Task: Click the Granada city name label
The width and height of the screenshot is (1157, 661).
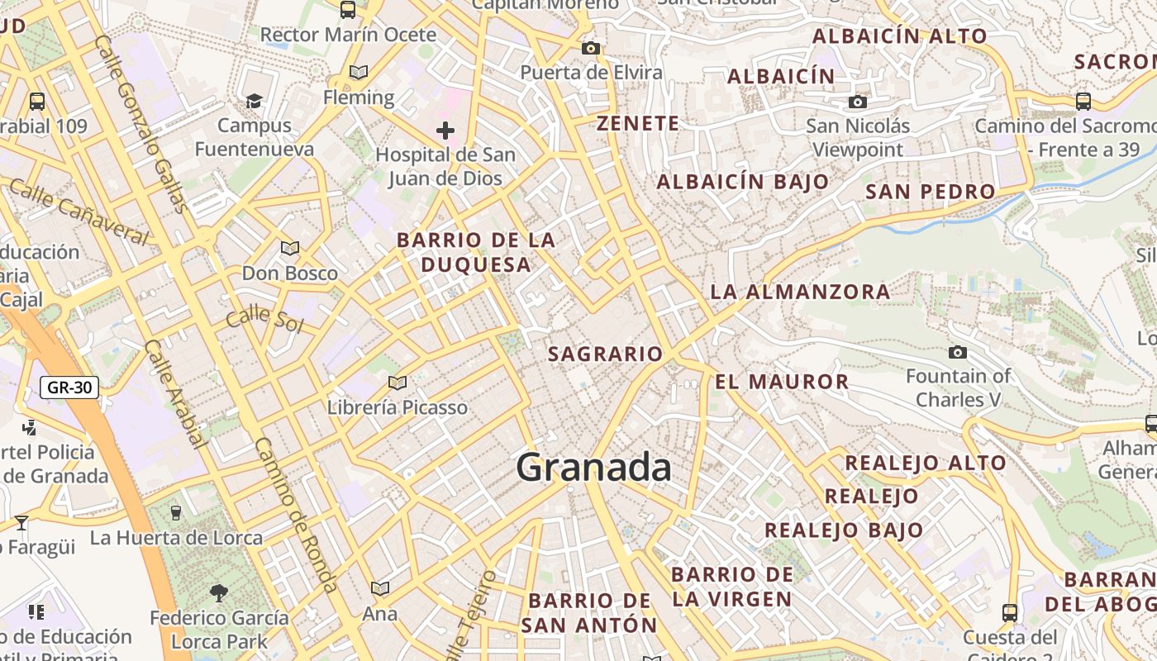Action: click(x=593, y=468)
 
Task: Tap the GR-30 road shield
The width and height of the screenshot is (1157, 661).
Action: click(x=69, y=387)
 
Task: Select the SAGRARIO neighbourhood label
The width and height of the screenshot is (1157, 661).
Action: click(x=606, y=354)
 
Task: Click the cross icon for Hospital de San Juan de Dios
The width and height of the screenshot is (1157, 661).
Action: click(x=445, y=131)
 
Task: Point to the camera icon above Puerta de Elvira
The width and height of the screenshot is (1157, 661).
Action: click(x=590, y=49)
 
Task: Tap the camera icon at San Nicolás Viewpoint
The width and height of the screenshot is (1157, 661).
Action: click(x=858, y=102)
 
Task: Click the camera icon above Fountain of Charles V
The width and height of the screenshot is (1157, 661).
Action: click(x=958, y=353)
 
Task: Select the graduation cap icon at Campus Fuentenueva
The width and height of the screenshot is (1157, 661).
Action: click(x=254, y=101)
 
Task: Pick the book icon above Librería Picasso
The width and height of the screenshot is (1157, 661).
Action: click(x=398, y=383)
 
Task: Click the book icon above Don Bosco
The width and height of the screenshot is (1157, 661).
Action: click(x=289, y=248)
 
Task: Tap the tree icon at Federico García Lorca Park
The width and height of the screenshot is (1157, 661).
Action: click(x=219, y=592)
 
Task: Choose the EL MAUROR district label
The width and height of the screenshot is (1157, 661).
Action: click(x=782, y=382)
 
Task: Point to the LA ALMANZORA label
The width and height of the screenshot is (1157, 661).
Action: click(x=800, y=292)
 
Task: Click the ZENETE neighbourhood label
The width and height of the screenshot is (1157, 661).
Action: click(x=638, y=124)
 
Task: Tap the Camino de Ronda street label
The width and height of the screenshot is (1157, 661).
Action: click(x=295, y=514)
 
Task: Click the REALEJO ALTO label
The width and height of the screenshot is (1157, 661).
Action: click(x=926, y=463)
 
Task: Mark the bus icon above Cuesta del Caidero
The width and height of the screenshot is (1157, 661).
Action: click(x=1009, y=613)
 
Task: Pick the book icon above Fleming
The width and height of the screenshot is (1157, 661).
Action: click(x=358, y=73)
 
